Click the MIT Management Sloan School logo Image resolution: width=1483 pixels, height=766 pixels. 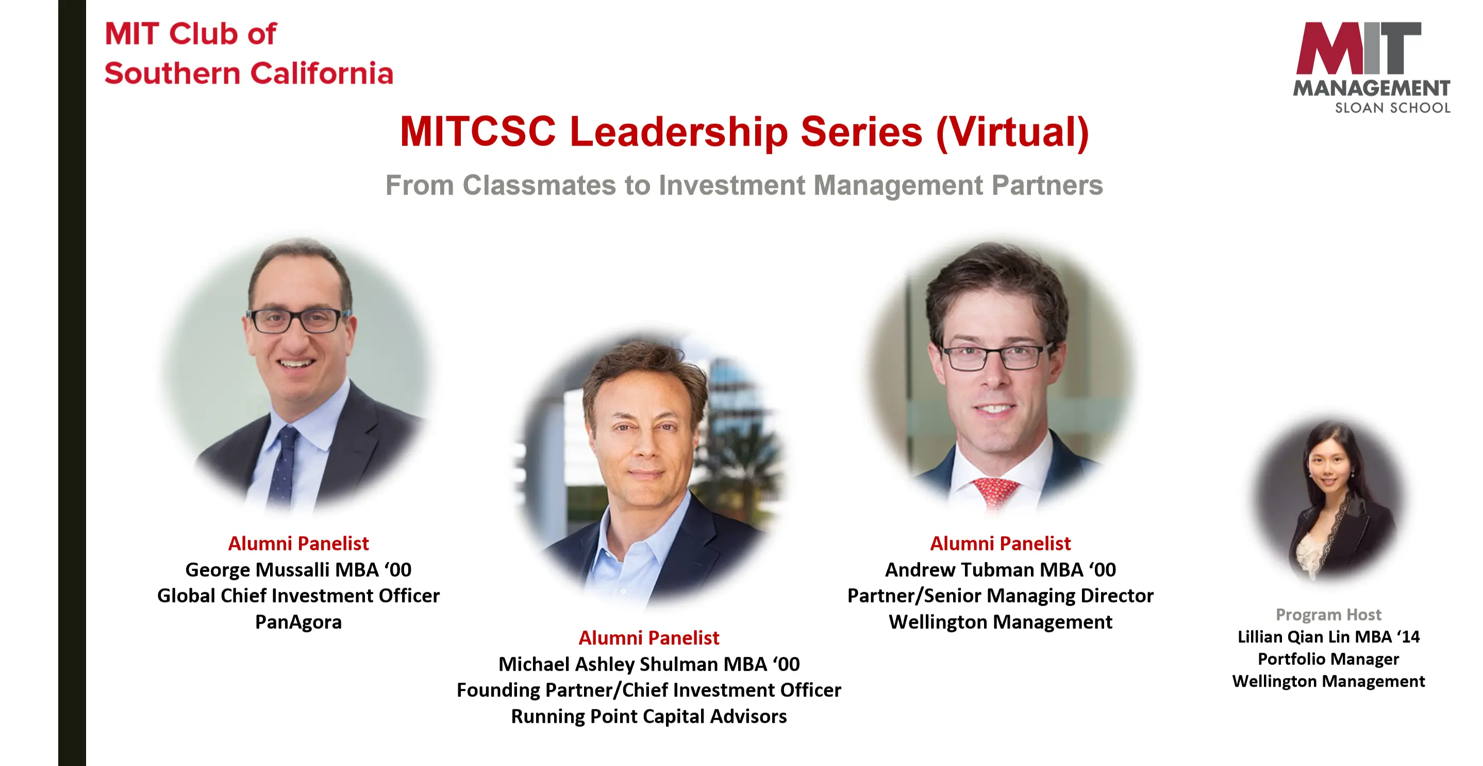1372,68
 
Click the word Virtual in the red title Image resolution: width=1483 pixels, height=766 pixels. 1013,133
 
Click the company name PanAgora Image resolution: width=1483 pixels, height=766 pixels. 298,622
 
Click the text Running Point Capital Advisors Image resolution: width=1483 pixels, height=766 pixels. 649,716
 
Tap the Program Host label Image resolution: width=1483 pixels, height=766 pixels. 1328,614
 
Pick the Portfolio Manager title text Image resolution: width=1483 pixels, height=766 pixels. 1328,659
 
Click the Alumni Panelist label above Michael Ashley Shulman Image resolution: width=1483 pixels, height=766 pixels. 649,638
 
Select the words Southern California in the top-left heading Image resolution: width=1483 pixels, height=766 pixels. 248,74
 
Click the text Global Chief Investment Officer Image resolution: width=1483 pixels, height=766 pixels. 298,596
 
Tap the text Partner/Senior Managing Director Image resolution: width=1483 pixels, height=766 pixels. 1001,596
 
